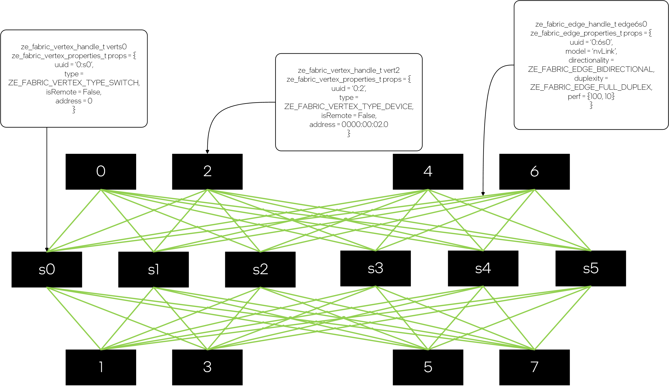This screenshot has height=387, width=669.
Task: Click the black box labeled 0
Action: [101, 171]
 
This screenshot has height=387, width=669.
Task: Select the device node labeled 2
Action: [207, 171]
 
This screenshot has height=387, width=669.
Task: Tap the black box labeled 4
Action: [428, 171]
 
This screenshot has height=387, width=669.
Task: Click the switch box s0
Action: [47, 269]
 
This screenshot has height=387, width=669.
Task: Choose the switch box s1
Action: [153, 269]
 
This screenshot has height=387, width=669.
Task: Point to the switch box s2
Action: [260, 269]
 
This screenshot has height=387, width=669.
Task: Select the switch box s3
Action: [375, 268]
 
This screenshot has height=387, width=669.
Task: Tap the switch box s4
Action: [483, 268]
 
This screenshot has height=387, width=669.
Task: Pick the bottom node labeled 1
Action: [101, 367]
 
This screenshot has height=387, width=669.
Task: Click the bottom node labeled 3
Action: [207, 367]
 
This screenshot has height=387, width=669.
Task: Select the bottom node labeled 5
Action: [428, 367]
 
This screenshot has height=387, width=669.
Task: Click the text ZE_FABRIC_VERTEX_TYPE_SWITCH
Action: [74, 83]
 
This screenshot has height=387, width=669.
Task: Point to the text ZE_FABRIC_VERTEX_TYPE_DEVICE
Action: [349, 106]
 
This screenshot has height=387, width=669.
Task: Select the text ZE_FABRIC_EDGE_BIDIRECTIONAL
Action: [591, 69]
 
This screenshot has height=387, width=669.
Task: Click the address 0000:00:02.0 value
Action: [364, 125]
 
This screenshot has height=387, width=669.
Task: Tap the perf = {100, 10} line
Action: [591, 96]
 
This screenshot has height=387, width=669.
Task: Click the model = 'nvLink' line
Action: [591, 51]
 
